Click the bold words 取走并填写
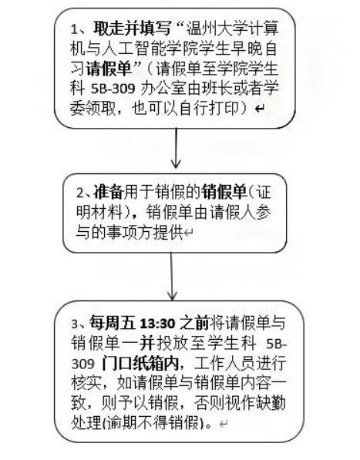pyautogui.click(x=132, y=29)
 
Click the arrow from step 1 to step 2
pyautogui.click(x=176, y=148)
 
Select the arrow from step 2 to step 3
pyautogui.click(x=172, y=276)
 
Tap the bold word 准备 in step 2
pyautogui.click(x=108, y=192)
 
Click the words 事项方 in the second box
pyautogui.click(x=130, y=232)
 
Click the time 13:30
pyautogui.click(x=157, y=324)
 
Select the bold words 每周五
pyautogui.click(x=113, y=323)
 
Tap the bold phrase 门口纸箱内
pyautogui.click(x=140, y=364)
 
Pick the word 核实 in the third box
pyautogui.click(x=86, y=383)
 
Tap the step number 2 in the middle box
pyautogui.click(x=80, y=193)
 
